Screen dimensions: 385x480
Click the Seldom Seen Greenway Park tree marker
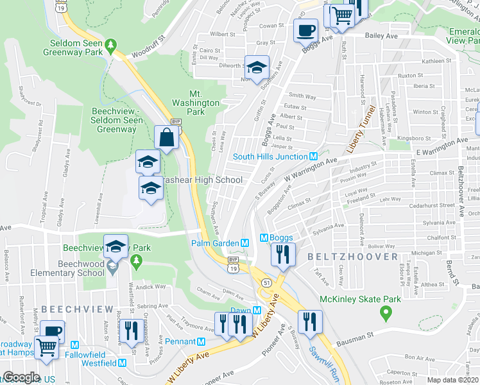tap(112, 46)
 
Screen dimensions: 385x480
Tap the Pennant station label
tap(180, 341)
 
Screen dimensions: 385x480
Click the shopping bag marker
tap(166, 137)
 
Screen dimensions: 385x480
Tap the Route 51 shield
tap(265, 282)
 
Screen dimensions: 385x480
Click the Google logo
tap(21, 377)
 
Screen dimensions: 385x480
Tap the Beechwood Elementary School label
tap(81, 268)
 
